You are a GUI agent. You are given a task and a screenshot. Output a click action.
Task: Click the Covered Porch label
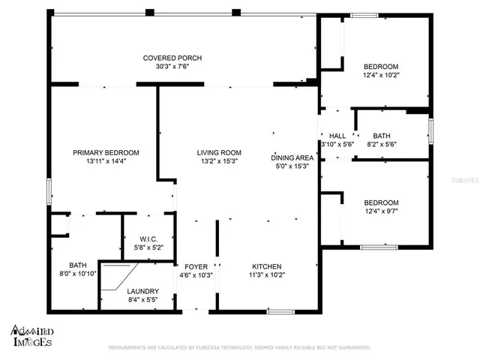172,58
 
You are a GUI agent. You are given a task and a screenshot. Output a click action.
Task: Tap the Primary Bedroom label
106,152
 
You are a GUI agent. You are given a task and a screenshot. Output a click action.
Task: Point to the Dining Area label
292,157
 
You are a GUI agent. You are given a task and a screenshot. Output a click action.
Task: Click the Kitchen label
266,266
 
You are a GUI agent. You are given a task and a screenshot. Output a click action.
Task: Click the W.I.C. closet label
148,239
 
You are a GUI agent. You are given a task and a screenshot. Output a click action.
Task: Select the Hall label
337,136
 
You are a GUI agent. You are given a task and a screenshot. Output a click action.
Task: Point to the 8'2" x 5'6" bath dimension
382,144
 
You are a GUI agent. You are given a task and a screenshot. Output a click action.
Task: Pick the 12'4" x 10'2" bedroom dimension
381,74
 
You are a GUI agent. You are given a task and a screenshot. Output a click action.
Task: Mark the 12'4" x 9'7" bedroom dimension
381,211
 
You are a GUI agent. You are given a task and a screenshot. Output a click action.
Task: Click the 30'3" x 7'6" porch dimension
172,66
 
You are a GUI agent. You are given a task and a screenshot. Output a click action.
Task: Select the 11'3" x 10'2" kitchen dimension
266,274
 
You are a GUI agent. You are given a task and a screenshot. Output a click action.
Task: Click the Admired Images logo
31,335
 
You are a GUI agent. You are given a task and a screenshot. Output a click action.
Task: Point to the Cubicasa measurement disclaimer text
239,348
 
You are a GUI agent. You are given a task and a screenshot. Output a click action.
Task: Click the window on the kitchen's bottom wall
280,311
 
